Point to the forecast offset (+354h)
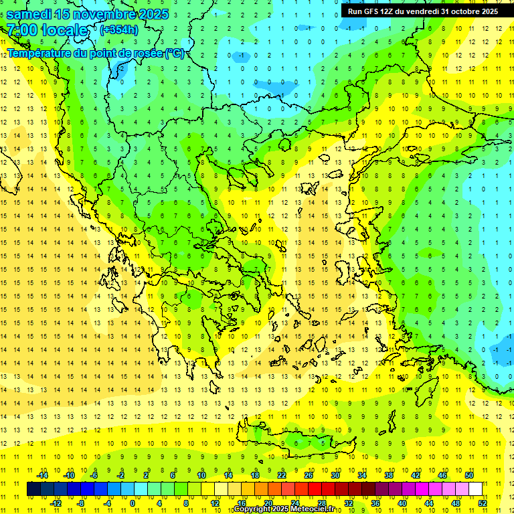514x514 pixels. (x=119, y=29)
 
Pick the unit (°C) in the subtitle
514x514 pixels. (x=175, y=53)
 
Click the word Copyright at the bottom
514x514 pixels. (x=252, y=509)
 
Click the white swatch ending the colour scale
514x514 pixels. (x=475, y=489)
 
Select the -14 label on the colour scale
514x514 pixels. (x=43, y=475)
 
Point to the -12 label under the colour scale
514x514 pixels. (x=56, y=503)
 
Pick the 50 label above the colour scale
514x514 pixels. (x=469, y=475)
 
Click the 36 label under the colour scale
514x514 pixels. (x=375, y=503)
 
